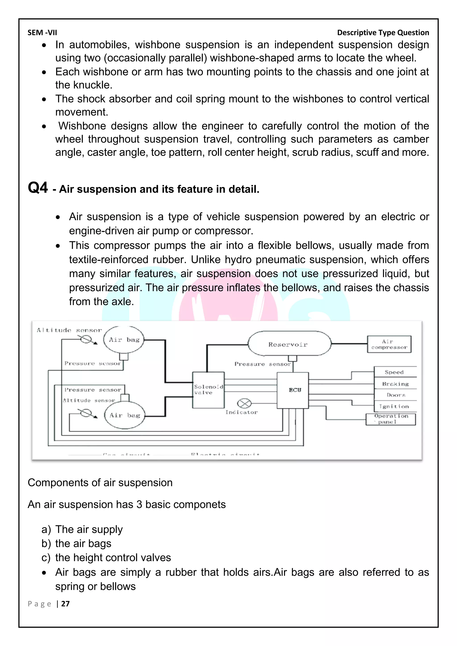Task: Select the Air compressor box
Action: tap(389, 344)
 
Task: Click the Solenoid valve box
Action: tap(208, 390)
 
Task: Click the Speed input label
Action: tap(394, 372)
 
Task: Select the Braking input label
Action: tap(395, 384)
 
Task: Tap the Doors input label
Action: tap(396, 395)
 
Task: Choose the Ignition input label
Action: tap(394, 406)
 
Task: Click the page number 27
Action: tap(65, 604)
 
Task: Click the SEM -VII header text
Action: tap(42, 33)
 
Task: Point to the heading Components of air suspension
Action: tap(100, 482)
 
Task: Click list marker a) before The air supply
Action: tap(46, 530)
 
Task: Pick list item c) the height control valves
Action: tap(113, 557)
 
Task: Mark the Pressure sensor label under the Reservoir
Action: tap(262, 364)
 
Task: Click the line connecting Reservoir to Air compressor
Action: tap(349, 344)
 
